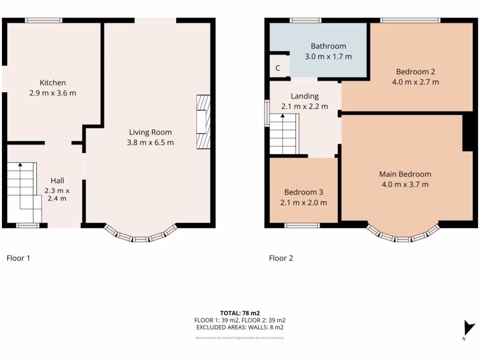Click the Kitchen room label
click(x=52, y=82)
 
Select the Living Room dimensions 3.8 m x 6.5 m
click(x=150, y=142)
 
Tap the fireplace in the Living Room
click(x=203, y=122)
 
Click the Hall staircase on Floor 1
click(x=22, y=192)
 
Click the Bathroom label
click(x=328, y=46)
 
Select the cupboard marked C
click(x=278, y=68)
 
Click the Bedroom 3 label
click(x=303, y=192)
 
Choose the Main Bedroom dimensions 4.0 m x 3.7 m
click(x=405, y=184)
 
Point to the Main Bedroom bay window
click(x=403, y=235)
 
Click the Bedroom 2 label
click(x=415, y=72)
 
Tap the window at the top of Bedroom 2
click(x=410, y=20)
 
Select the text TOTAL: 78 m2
click(x=240, y=313)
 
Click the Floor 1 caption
click(x=18, y=258)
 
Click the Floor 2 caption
click(x=281, y=258)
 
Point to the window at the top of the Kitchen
click(x=44, y=20)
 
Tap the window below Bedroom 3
click(x=302, y=225)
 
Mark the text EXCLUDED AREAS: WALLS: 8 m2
click(x=240, y=328)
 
